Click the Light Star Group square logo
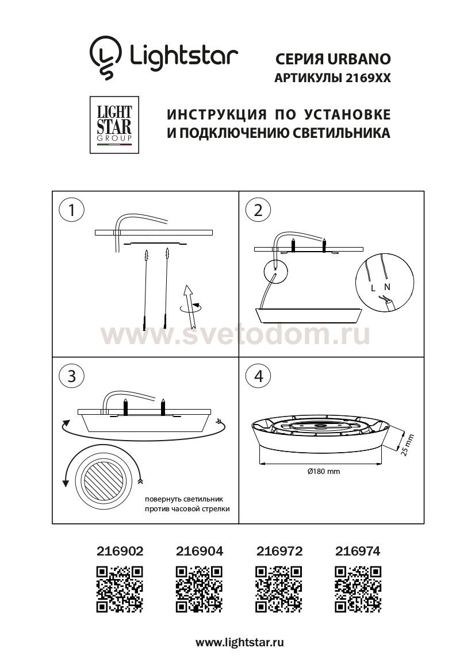point(114,125)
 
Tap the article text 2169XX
point(367,79)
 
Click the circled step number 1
point(71,210)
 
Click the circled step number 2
point(258,210)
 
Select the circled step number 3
point(71,376)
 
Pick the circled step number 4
point(258,376)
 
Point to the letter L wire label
point(374,286)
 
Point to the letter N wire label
point(387,286)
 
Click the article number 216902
point(119,552)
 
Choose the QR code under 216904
point(198,588)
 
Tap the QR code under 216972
point(278,588)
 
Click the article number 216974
point(357,552)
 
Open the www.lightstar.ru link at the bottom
point(240,643)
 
